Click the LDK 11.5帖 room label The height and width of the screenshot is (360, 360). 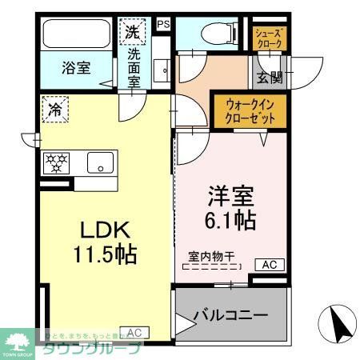coord(107,242)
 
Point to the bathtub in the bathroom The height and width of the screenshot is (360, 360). coord(77,36)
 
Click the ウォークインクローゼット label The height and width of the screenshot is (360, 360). coord(250,110)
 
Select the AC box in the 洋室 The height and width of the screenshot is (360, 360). coord(270,264)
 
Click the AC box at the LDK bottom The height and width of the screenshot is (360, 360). coord(133,331)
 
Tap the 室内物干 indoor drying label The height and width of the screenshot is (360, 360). coord(211,256)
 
